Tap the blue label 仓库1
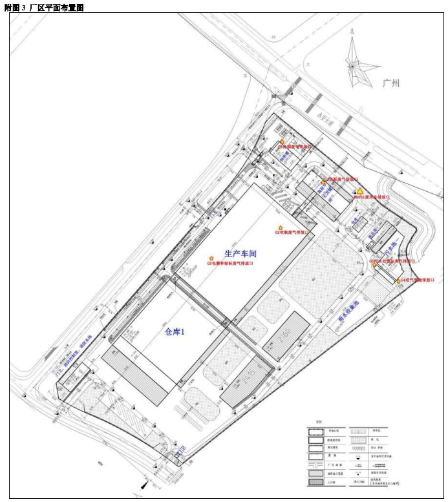click(x=175, y=332)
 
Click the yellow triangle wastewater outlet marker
click(x=359, y=191)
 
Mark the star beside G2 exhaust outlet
click(x=280, y=227)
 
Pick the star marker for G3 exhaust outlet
click(x=211, y=258)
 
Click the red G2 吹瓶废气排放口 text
click(x=292, y=233)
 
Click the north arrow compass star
click(x=352, y=65)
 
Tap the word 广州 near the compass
click(x=391, y=83)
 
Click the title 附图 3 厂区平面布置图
click(x=45, y=6)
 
